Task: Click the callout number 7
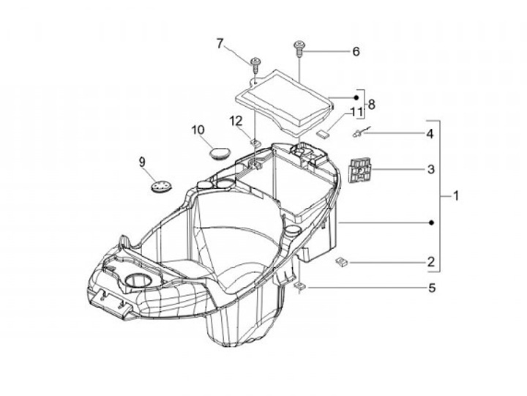pos(220,43)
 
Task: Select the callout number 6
pos(356,52)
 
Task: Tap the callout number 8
pos(371,105)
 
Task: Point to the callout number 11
pos(356,112)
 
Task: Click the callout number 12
pos(235,121)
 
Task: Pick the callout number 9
pos(142,161)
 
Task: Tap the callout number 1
pos(455,195)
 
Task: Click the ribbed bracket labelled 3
pos(359,171)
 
